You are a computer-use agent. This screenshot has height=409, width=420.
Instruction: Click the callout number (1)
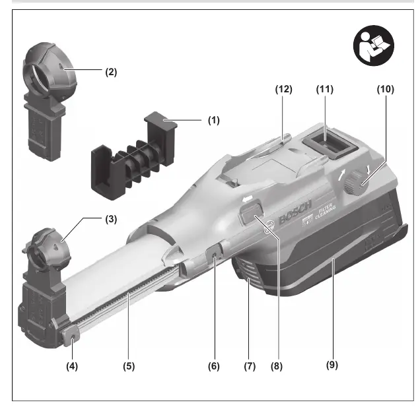coord(214,120)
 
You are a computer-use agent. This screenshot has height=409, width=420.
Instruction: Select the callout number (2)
coord(111,72)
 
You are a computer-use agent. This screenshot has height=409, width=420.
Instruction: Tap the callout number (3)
coord(111,219)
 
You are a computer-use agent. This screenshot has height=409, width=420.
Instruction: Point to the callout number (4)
coord(72,366)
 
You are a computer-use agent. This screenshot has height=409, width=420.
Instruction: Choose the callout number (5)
coord(129,366)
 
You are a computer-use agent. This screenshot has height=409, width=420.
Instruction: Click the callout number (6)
coord(214,366)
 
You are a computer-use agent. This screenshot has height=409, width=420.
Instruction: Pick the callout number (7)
coord(250,366)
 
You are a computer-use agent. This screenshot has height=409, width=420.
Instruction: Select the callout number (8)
coord(277,366)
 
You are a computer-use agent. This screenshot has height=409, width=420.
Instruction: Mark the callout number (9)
coord(332,365)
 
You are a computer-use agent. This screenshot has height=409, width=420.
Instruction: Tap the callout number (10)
coord(386,89)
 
